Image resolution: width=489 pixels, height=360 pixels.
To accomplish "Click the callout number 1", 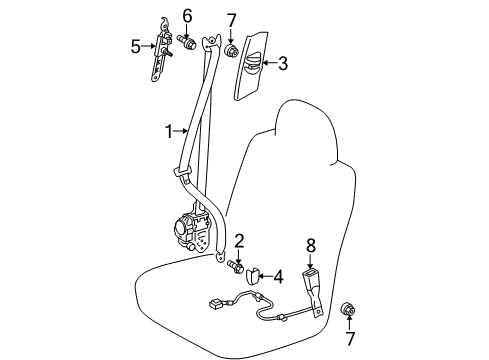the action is click(x=170, y=132).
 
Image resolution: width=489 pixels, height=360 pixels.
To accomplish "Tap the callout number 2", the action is click(x=239, y=241).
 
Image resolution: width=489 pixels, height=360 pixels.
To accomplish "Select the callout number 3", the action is click(x=283, y=63).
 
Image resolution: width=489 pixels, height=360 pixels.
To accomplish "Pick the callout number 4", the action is click(x=278, y=277).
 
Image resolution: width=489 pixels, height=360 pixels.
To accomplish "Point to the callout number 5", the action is click(x=135, y=46).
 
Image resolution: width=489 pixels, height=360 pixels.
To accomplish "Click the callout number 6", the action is click(x=188, y=16).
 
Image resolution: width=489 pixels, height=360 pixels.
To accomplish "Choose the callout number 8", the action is click(x=311, y=246).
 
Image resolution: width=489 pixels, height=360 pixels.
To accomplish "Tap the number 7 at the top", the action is click(x=231, y=21).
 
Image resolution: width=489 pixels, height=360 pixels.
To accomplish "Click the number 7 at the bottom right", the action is click(x=350, y=338).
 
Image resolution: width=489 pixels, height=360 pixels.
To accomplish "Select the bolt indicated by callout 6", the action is click(x=186, y=42).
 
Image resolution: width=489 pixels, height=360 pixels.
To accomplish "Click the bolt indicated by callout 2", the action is click(x=235, y=267).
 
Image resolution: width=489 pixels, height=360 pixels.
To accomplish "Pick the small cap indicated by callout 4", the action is click(x=252, y=276).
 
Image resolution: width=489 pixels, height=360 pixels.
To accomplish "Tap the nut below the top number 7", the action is click(x=232, y=51).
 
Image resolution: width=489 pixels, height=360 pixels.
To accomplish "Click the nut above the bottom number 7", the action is click(x=347, y=310).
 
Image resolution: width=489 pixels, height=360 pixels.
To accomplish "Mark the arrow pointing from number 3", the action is click(x=270, y=62).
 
